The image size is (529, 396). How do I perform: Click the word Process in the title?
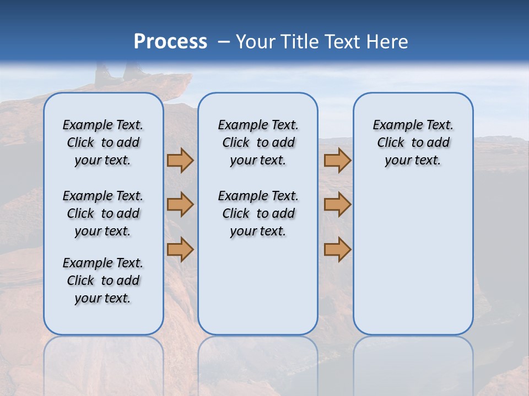[x=170, y=42]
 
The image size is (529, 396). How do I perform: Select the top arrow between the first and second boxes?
[x=180, y=160]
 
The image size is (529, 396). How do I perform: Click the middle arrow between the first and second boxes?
[x=180, y=205]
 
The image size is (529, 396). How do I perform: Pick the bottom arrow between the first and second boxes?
[x=180, y=249]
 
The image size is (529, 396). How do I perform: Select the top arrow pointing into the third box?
[x=337, y=160]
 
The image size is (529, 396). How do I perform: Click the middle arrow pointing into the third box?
[x=337, y=205]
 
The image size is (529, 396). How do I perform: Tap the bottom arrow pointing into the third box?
[x=337, y=249]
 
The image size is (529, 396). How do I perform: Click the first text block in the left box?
[x=103, y=142]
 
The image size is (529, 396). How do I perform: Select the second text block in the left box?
[x=103, y=213]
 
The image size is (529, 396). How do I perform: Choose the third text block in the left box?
[x=103, y=280]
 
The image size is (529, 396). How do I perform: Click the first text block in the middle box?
[x=258, y=142]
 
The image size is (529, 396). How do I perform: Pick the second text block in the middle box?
[x=258, y=213]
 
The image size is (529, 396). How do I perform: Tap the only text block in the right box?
[x=413, y=142]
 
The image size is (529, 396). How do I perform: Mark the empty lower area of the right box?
[x=413, y=258]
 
